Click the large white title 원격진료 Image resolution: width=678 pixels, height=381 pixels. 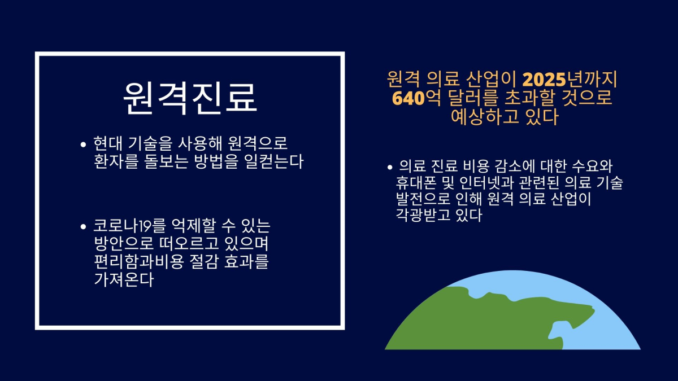[190, 98]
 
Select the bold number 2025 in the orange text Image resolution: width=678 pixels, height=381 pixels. [544, 80]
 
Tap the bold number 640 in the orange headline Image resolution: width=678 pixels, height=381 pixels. [408, 98]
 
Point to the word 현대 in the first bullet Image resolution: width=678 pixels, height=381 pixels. [107, 143]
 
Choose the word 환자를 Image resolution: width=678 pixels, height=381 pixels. [116, 161]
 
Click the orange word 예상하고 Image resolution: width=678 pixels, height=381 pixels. [485, 116]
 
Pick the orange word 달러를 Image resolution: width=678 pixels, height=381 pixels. [473, 98]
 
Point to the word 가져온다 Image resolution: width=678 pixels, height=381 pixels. [124, 279]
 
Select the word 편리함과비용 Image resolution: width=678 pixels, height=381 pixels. [138, 261]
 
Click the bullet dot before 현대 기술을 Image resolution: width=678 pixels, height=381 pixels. [84, 144]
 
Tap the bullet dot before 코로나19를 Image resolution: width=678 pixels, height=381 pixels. [84, 227]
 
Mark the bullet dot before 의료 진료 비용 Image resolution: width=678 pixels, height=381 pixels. [390, 167]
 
